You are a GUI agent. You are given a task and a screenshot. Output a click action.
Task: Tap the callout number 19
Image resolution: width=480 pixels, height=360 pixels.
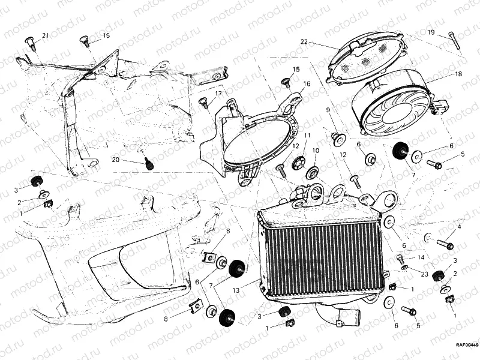[x=431, y=32]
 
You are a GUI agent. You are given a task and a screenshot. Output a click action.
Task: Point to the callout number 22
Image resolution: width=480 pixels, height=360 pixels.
[x=304, y=41]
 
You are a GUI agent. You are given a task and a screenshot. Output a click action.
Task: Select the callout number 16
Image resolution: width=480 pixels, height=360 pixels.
[x=306, y=84]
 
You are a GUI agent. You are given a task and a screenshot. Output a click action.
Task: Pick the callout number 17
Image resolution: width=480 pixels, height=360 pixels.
[x=218, y=94]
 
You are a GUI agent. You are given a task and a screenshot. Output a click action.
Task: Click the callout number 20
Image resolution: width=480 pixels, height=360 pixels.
[x=116, y=160]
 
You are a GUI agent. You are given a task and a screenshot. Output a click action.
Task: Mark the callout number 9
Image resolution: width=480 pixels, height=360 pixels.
[x=328, y=110]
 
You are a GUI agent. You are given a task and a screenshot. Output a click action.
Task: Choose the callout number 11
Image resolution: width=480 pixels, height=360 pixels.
[x=307, y=136]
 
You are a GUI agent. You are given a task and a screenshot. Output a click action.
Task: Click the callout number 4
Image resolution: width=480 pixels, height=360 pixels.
[x=459, y=227]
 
